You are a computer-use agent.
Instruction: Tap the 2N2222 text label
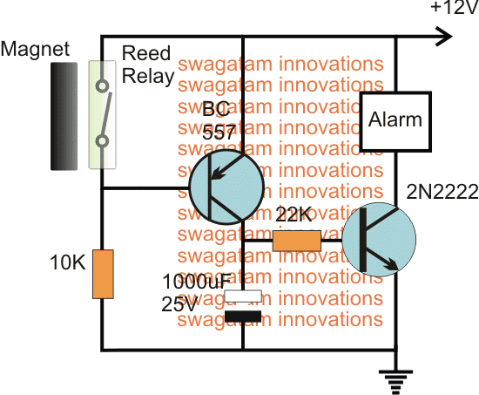tap(435, 192)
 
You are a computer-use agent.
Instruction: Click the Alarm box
tap(394, 119)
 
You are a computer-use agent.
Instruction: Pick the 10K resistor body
tap(104, 274)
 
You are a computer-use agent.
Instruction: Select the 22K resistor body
tap(297, 240)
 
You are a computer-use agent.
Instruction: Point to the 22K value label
tap(294, 215)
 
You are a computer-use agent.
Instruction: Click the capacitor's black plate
tap(243, 315)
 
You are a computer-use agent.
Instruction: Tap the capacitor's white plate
tap(243, 297)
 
